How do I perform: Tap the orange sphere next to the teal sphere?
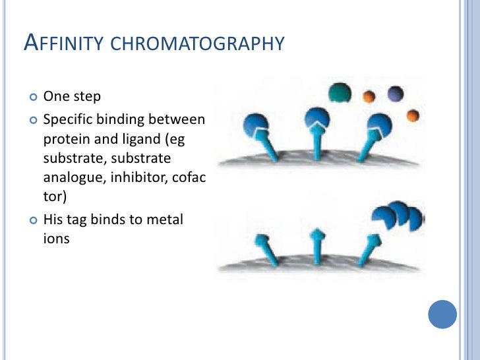(x=370, y=97)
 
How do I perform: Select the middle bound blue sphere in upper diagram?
(x=317, y=119)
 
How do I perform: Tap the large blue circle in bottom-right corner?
(x=442, y=315)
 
